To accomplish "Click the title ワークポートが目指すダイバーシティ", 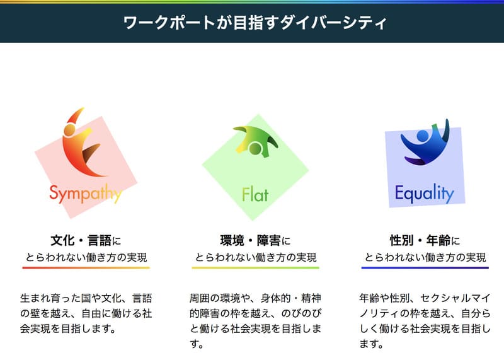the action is (255, 23).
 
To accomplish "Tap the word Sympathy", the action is (86, 194).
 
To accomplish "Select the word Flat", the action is (255, 194).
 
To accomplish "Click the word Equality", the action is (424, 194).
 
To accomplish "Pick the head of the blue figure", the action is (423, 136).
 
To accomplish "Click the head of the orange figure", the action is (69, 130).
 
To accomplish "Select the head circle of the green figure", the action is (255, 148).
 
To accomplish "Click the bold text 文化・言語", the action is (81, 241).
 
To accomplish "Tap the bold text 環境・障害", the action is (250, 241).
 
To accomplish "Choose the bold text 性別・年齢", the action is (420, 241).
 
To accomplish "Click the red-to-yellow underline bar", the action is (86, 268).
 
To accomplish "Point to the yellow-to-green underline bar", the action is (256, 268).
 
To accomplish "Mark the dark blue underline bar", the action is (425, 268).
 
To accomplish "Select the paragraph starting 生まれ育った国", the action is (86, 313).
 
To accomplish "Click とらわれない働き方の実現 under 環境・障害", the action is (256, 257).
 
